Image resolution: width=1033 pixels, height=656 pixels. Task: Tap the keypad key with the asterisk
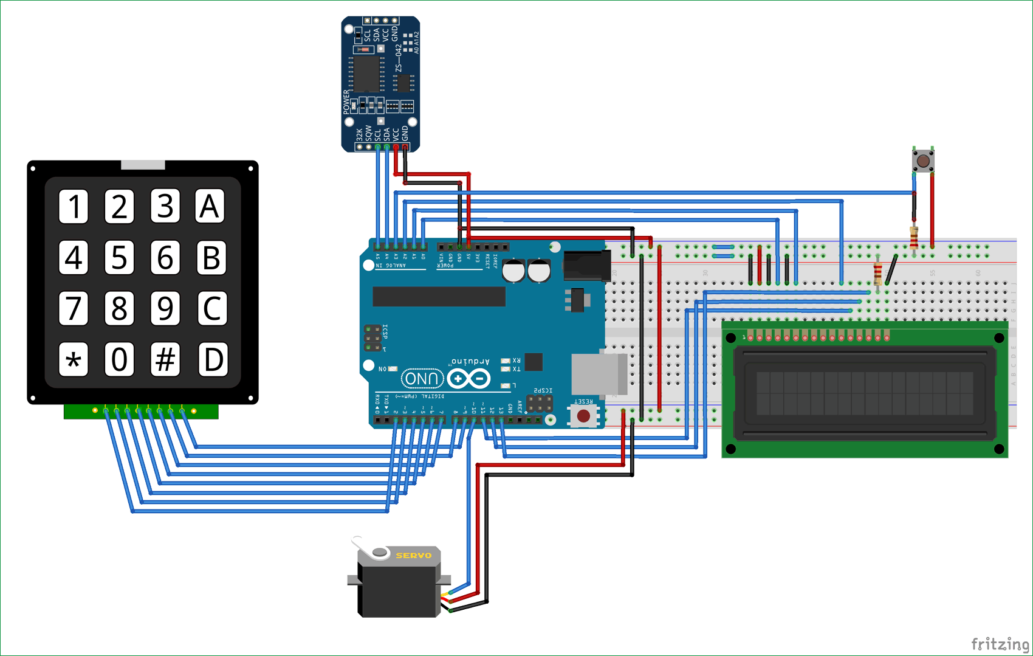(x=74, y=359)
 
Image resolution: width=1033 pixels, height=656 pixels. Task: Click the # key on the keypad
(x=165, y=359)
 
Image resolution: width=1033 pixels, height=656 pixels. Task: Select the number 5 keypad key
(x=119, y=257)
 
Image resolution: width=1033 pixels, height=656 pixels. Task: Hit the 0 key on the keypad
(x=119, y=359)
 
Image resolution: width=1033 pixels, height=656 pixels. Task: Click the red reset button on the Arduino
(x=583, y=416)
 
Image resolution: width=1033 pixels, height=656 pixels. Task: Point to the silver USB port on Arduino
(x=599, y=374)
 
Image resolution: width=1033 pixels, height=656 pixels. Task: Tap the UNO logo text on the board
(x=422, y=379)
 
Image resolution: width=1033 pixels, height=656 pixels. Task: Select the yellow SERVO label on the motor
(x=413, y=555)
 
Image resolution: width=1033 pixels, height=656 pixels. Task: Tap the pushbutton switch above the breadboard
(x=923, y=161)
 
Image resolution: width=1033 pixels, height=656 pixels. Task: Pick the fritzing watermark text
(x=1000, y=644)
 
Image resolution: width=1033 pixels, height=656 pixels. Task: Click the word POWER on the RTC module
(x=346, y=102)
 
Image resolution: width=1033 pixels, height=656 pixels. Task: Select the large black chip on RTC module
(x=366, y=73)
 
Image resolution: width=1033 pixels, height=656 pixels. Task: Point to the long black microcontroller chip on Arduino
(x=439, y=296)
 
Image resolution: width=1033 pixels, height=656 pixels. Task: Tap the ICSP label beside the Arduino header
(x=385, y=331)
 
